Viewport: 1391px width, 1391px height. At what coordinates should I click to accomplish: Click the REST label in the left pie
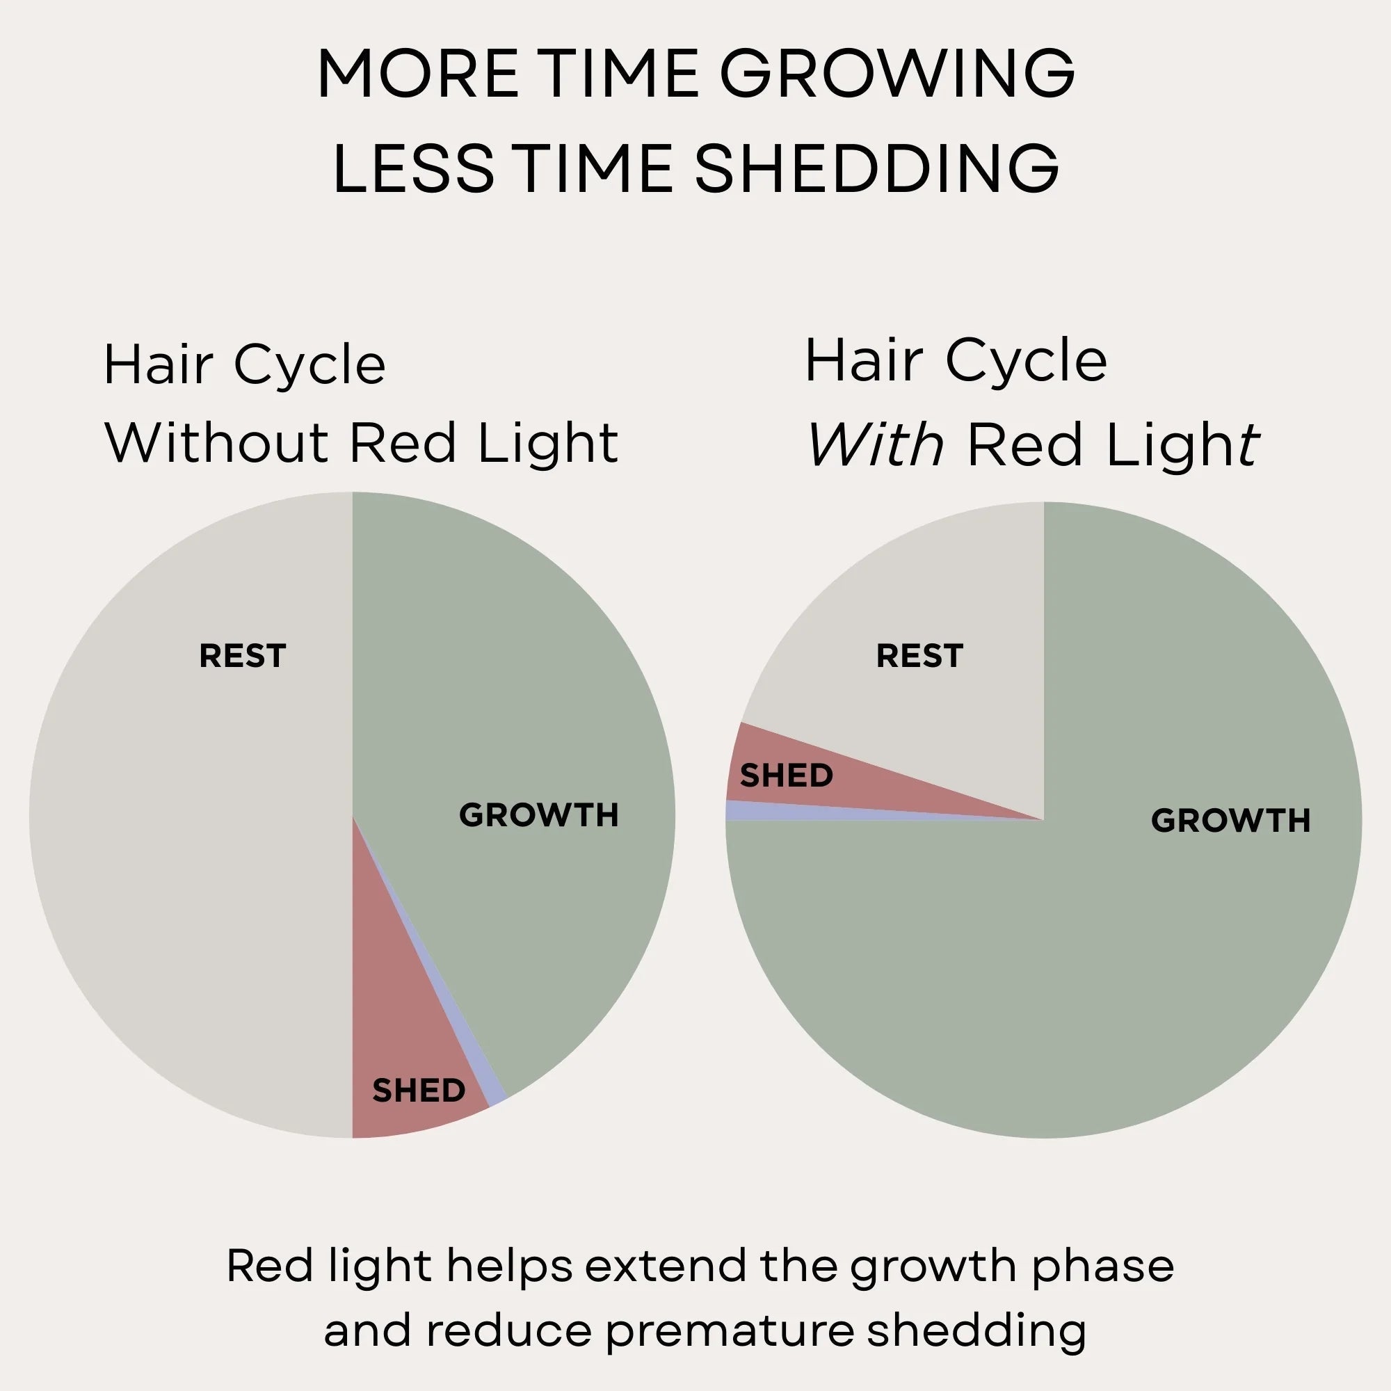coord(243,656)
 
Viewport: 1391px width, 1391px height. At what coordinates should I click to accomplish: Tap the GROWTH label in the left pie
coord(538,815)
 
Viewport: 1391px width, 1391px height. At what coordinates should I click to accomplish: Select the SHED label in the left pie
coord(418,1091)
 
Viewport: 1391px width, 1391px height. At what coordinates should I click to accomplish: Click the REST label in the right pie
coord(919,656)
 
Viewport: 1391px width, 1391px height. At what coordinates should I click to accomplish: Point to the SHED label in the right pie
coord(786,775)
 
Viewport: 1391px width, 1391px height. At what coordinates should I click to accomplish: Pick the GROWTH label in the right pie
coord(1230,820)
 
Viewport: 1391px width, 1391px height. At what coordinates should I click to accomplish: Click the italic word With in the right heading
coord(874,446)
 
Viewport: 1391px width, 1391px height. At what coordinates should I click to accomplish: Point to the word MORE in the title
coord(417,74)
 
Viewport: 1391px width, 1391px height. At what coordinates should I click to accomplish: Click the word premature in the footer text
coord(729,1330)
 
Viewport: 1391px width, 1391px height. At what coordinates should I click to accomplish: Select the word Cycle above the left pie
coord(309,366)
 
